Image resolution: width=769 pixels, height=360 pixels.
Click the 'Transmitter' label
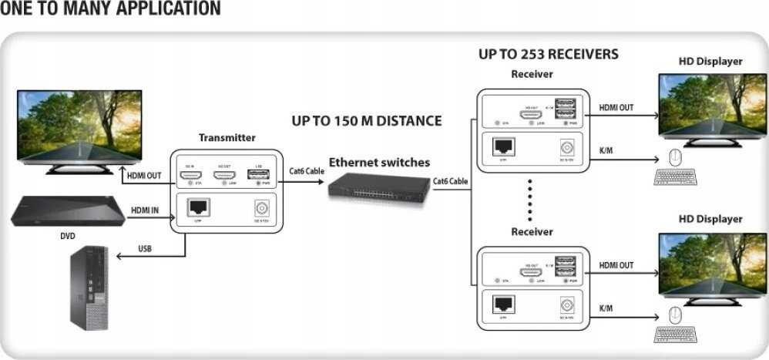pyautogui.click(x=227, y=137)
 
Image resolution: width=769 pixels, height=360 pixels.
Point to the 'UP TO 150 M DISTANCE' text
pyautogui.click(x=367, y=121)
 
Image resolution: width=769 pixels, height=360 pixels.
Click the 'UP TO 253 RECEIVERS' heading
pyautogui.click(x=548, y=55)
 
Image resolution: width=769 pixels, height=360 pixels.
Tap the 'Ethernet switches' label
pyautogui.click(x=379, y=163)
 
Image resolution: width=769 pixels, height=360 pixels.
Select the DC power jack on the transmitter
pyautogui.click(x=260, y=208)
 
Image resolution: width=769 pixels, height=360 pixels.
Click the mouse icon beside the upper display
pyautogui.click(x=675, y=157)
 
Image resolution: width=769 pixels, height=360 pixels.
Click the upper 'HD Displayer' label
pyautogui.click(x=710, y=61)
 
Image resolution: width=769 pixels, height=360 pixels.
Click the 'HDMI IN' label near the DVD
pyautogui.click(x=145, y=210)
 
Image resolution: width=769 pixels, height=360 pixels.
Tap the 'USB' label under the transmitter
pyautogui.click(x=144, y=249)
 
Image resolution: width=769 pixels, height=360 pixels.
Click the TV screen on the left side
pyautogui.click(x=80, y=124)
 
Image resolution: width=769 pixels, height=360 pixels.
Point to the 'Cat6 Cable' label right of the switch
pyautogui.click(x=451, y=182)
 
